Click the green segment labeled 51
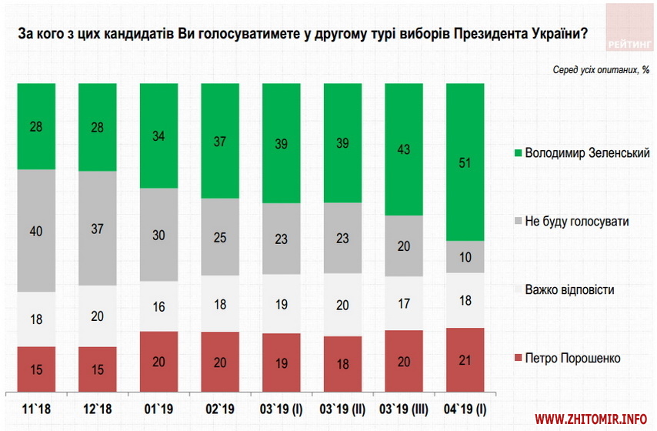point(465,162)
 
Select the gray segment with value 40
point(36,230)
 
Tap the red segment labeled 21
point(465,359)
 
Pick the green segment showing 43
point(404,149)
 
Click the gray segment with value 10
point(465,256)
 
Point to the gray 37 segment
point(97,228)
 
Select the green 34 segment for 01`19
point(158,135)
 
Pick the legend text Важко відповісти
point(569,290)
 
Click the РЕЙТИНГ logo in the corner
point(630,26)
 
